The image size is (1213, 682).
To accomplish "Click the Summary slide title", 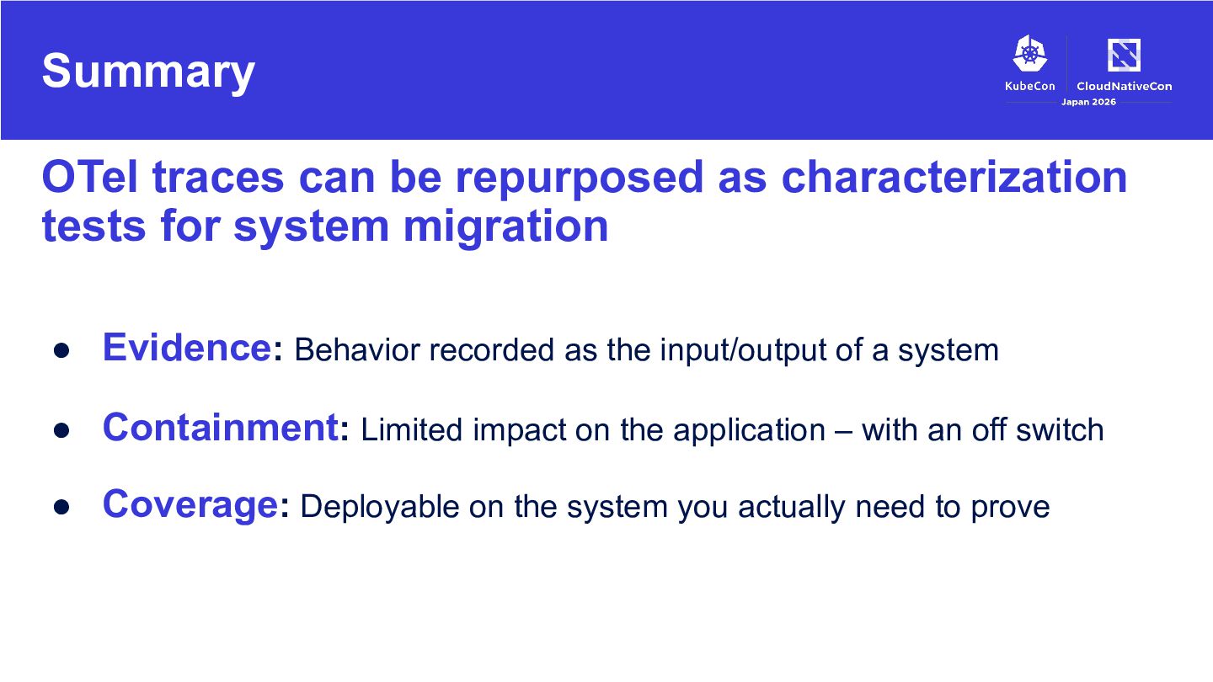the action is tap(148, 72).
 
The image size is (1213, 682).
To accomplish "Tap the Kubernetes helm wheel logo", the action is tap(1029, 53).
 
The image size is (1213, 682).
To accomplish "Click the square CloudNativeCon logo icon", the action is tap(1124, 55).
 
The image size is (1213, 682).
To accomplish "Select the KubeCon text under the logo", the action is tap(1029, 86).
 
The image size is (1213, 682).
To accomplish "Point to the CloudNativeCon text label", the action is tap(1125, 86).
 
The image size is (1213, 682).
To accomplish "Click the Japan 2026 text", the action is tap(1088, 102).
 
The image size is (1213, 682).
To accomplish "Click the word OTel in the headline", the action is tap(90, 177).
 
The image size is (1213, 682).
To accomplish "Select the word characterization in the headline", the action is tap(954, 177).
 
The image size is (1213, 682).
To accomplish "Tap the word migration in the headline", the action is tap(505, 226).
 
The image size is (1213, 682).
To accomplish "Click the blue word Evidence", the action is tap(187, 348).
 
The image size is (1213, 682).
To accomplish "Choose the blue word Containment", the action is tap(221, 427).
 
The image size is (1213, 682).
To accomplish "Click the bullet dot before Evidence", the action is tap(61, 351).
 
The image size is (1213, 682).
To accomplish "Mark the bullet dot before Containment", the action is tap(61, 430).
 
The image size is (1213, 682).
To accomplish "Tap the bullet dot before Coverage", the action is tap(61, 507).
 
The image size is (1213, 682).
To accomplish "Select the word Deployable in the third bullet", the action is tap(380, 508).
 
